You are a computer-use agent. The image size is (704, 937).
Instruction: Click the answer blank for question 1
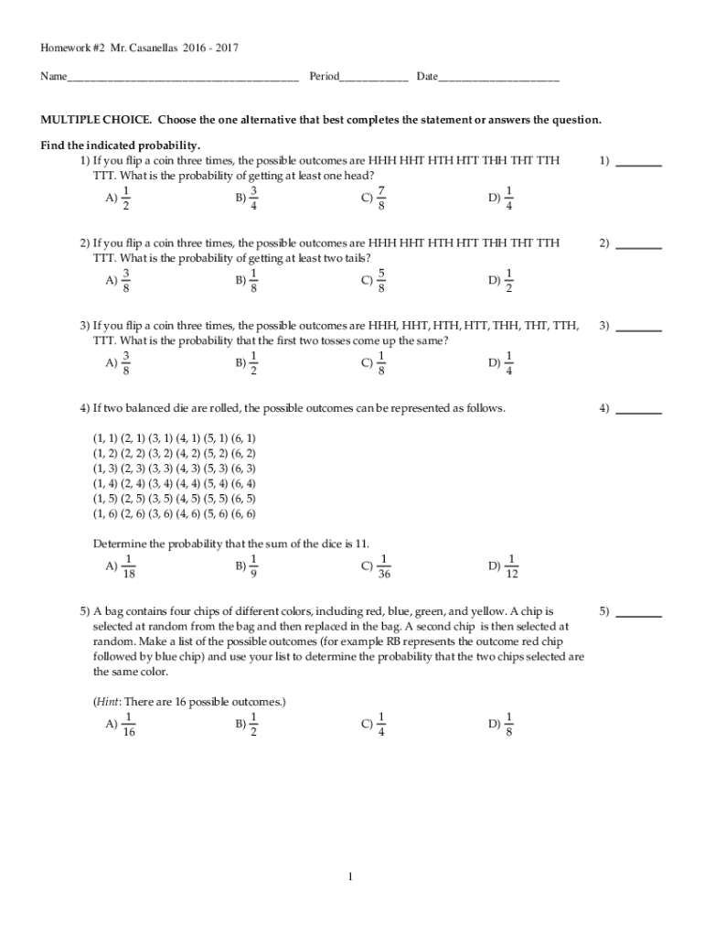(639, 165)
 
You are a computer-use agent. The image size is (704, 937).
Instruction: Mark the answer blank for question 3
(639, 329)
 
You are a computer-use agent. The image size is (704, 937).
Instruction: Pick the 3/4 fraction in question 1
(254, 198)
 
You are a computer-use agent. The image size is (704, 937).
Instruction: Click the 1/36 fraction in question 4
(384, 567)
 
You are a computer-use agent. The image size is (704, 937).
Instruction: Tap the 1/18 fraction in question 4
(129, 567)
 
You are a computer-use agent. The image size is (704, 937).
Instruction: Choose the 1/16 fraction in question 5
(129, 724)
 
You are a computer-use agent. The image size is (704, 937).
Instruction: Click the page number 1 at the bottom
(350, 878)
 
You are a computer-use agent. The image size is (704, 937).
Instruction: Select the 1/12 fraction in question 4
(512, 567)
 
